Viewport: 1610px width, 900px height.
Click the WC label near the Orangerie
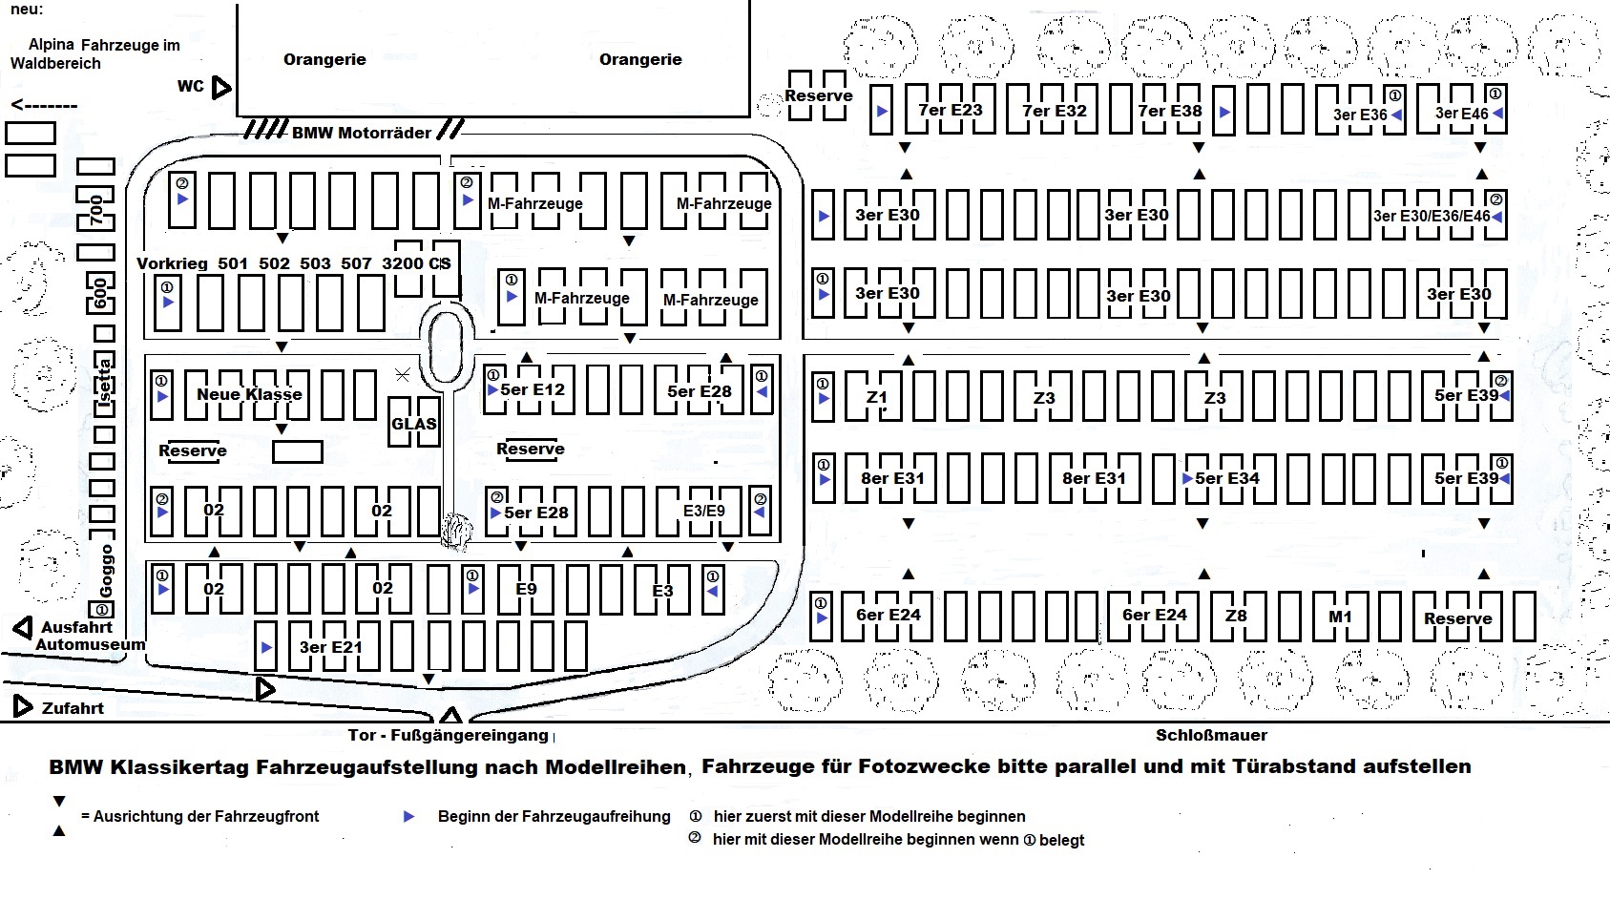click(191, 87)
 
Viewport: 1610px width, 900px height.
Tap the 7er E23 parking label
click(950, 110)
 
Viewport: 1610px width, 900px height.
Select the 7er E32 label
click(1055, 111)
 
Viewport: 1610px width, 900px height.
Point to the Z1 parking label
click(876, 398)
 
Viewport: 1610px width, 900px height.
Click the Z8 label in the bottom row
click(1236, 616)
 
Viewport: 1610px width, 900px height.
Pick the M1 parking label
click(1340, 617)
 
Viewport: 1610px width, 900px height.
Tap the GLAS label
click(414, 424)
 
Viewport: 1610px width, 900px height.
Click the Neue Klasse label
click(249, 394)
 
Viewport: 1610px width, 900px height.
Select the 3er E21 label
click(330, 647)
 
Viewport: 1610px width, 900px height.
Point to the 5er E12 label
click(533, 389)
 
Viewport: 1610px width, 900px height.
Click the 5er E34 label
click(1227, 478)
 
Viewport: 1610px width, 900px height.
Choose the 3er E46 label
click(1461, 114)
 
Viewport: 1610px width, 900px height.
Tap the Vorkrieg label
click(172, 263)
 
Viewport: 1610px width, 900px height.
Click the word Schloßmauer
click(1211, 735)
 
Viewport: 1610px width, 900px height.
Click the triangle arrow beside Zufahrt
click(23, 706)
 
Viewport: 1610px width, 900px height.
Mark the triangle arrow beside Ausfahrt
click(23, 628)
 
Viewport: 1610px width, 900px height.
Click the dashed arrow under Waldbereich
click(44, 105)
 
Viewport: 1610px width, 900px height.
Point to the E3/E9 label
click(704, 512)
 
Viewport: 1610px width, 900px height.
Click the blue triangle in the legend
click(409, 817)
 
